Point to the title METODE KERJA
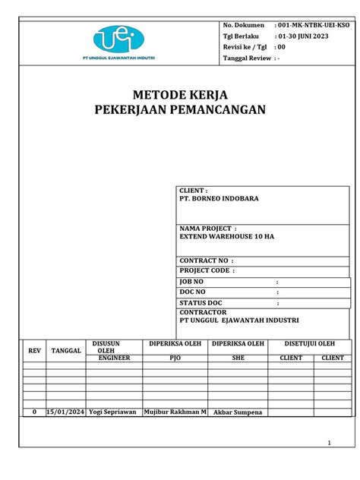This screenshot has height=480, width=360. [179, 95]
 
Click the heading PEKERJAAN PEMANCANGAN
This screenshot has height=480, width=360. [179, 110]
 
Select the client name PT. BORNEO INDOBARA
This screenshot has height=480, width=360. [219, 197]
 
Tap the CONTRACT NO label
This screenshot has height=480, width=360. [203, 260]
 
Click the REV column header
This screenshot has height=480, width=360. [34, 351]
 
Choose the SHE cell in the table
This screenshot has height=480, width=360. [238, 357]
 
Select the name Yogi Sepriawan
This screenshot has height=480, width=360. [112, 412]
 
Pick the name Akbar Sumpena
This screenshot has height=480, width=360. [238, 412]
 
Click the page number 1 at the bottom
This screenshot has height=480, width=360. [329, 444]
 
